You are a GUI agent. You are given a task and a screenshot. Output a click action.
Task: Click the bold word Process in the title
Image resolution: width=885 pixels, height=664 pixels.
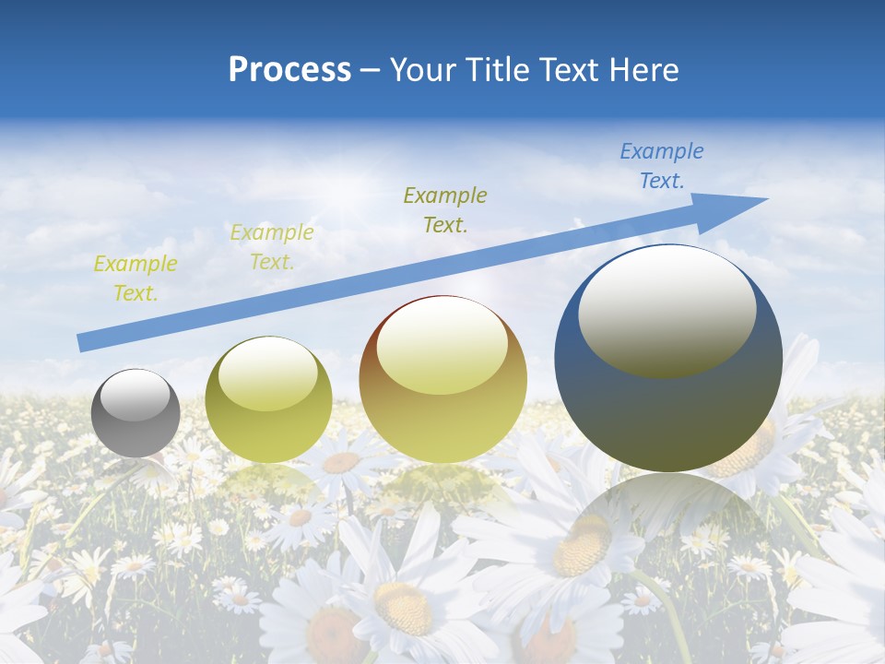click(x=289, y=70)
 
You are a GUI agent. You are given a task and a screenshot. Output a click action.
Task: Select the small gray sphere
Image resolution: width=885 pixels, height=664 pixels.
click(x=136, y=413)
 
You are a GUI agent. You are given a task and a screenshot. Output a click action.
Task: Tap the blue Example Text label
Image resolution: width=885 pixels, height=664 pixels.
click(x=661, y=166)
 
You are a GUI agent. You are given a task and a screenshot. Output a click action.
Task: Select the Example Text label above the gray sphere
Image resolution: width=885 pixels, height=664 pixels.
click(x=135, y=279)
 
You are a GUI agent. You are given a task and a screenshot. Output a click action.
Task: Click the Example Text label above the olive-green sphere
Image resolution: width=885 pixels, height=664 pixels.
click(x=271, y=247)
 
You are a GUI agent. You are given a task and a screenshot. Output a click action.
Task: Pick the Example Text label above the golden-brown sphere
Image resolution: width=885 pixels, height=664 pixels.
click(x=445, y=209)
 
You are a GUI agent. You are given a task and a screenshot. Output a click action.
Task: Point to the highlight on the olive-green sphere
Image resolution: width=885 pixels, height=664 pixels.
click(x=268, y=373)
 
